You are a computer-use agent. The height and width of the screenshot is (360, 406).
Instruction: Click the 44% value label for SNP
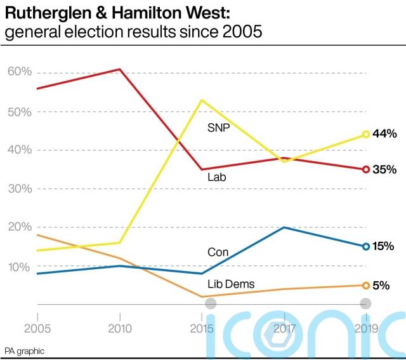tap(385, 134)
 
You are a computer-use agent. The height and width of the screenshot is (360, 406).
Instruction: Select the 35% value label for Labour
tap(385, 170)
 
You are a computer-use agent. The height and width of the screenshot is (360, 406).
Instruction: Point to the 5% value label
tap(381, 286)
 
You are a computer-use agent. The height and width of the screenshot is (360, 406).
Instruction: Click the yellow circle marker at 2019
tap(366, 135)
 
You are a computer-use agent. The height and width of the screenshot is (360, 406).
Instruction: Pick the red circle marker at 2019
tap(366, 170)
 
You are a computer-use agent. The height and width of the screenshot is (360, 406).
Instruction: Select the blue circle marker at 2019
tap(366, 246)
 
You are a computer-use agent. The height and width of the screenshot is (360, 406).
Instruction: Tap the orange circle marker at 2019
tap(366, 286)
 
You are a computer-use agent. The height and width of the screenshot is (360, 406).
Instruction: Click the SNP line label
tap(218, 128)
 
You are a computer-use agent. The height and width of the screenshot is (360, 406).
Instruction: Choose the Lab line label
tap(216, 178)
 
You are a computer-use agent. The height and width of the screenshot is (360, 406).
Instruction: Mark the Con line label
tap(218, 252)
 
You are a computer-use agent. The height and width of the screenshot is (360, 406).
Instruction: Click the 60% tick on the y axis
tap(20, 72)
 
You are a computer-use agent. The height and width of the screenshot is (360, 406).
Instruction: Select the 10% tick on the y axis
tap(20, 267)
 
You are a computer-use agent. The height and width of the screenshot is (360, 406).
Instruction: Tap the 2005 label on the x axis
tap(37, 328)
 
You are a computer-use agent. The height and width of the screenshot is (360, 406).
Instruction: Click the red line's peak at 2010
tap(120, 69)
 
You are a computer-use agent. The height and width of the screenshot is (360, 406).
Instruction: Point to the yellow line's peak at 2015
tap(202, 100)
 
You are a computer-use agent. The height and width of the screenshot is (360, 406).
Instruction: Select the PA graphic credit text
tap(25, 351)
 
